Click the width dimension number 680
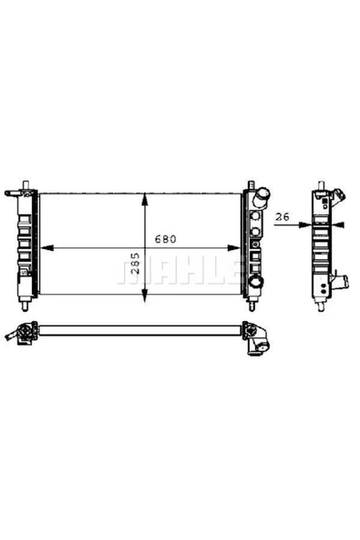pyautogui.click(x=165, y=240)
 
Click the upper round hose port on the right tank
pyautogui.click(x=262, y=195)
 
